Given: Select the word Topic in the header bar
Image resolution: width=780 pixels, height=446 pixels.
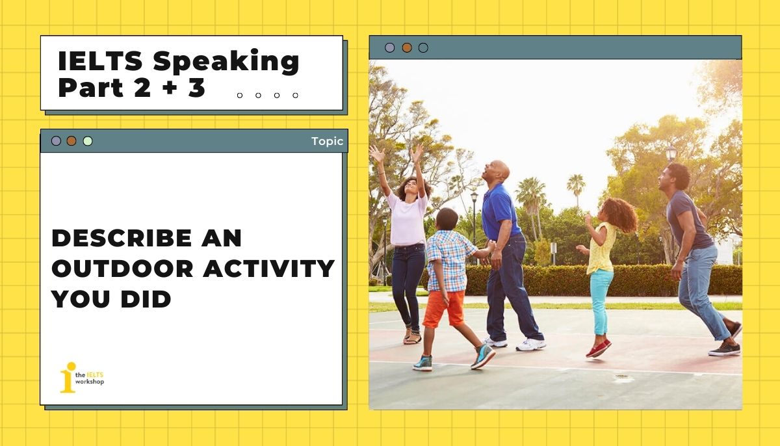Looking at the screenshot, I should (x=327, y=141).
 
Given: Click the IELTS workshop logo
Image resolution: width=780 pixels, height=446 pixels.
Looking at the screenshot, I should (x=81, y=377).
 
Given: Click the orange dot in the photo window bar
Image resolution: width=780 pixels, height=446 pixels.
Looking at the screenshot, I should (x=407, y=47).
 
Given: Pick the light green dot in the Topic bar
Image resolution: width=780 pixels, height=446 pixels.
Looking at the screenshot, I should (x=88, y=141).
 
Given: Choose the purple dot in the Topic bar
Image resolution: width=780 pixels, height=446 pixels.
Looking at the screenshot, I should (x=57, y=141).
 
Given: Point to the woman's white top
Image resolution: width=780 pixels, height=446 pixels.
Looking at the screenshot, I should (x=408, y=218).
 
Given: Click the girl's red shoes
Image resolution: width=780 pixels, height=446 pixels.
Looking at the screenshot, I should (x=598, y=348).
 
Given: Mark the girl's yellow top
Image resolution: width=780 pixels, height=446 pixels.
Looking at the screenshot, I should (x=601, y=250).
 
